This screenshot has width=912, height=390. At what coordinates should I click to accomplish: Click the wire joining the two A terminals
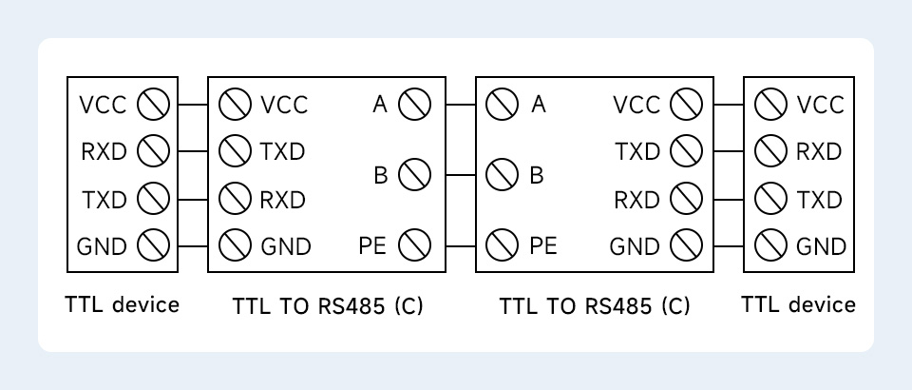pyautogui.click(x=461, y=104)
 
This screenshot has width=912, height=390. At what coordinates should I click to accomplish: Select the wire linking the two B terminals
pyautogui.click(x=461, y=175)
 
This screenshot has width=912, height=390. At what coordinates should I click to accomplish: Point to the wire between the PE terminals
pyautogui.click(x=461, y=246)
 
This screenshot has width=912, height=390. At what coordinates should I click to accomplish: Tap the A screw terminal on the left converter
pyautogui.click(x=414, y=104)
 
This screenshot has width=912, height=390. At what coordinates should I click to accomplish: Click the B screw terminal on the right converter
pyautogui.click(x=502, y=175)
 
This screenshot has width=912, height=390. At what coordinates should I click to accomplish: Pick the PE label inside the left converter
pyautogui.click(x=373, y=246)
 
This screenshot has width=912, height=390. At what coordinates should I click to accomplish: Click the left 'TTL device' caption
pyautogui.click(x=122, y=304)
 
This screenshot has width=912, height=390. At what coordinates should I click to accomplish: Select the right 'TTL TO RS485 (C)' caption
pyautogui.click(x=595, y=306)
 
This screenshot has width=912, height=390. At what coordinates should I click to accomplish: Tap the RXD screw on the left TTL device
pyautogui.click(x=153, y=151)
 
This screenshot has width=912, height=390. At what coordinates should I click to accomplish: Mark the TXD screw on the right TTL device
pyautogui.click(x=769, y=199)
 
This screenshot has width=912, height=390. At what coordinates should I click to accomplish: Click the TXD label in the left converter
pyautogui.click(x=283, y=151)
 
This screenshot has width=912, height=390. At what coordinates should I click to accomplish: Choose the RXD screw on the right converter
pyautogui.click(x=684, y=199)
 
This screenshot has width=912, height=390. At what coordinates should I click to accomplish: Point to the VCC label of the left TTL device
pyautogui.click(x=103, y=104)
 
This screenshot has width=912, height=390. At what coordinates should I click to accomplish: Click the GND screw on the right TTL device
pyautogui.click(x=769, y=246)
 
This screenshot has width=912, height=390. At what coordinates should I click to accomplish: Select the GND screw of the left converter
pyautogui.click(x=235, y=246)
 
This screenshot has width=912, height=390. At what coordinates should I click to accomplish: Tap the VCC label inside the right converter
pyautogui.click(x=636, y=104)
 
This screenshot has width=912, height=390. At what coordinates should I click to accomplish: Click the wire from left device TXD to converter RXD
pyautogui.click(x=193, y=199)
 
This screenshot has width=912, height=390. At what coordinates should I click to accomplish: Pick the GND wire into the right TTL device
pyautogui.click(x=730, y=246)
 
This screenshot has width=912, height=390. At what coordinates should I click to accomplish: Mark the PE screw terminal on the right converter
pyautogui.click(x=502, y=246)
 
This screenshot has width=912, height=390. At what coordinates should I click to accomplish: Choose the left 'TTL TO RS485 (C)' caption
pyautogui.click(x=328, y=306)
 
